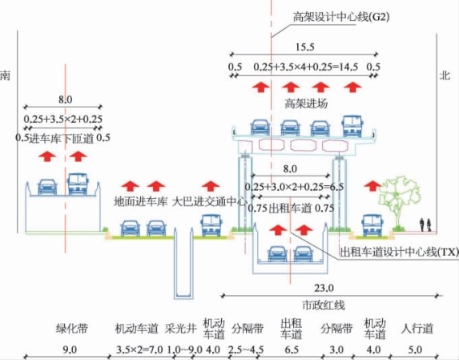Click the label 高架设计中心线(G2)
coord(341,17)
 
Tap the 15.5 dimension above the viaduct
coord(304,47)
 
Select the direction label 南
coord(5,75)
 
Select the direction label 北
coord(445,75)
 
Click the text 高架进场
coord(306,103)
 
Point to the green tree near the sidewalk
coord(399,202)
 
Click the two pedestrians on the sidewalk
coord(425,225)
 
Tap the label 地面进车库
coord(140,201)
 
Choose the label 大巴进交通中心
coord(210,201)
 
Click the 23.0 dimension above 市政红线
coord(324,288)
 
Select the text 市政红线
coord(324,305)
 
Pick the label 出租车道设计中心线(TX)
coord(399,252)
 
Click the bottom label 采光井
coord(180,329)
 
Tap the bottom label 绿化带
coord(72,329)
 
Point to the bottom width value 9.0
coord(70,350)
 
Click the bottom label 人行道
coord(417,329)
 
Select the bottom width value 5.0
coord(415,350)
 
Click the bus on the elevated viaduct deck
coord(352,126)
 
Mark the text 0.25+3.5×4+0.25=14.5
coord(306,67)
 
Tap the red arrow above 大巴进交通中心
coord(211,186)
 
